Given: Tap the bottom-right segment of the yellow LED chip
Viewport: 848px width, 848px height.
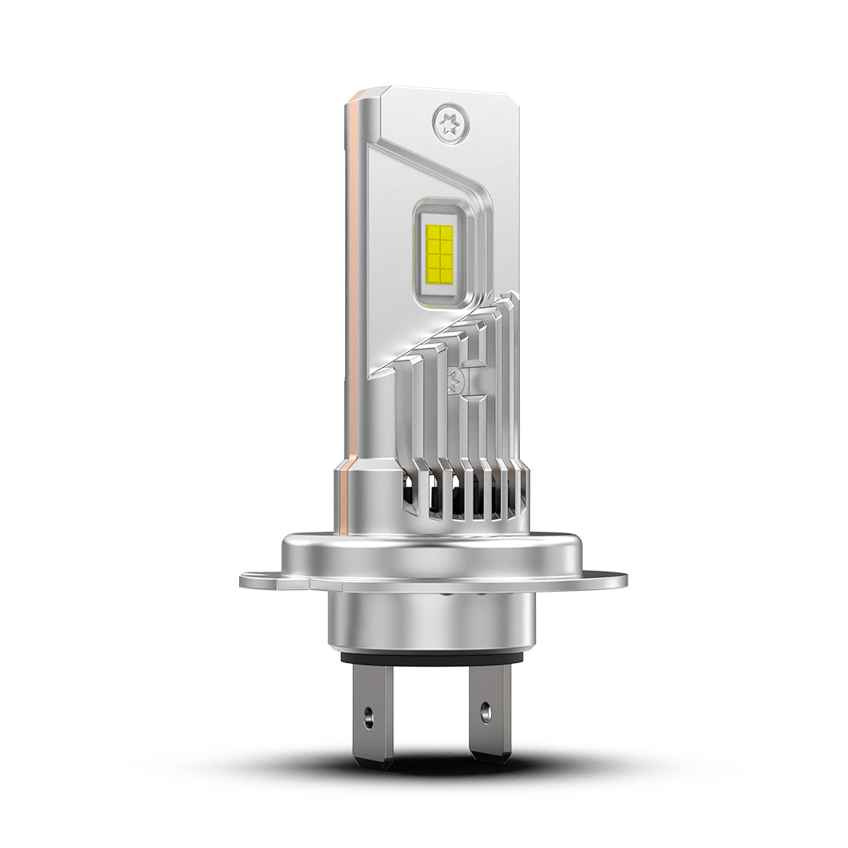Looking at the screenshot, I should point(447,273).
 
